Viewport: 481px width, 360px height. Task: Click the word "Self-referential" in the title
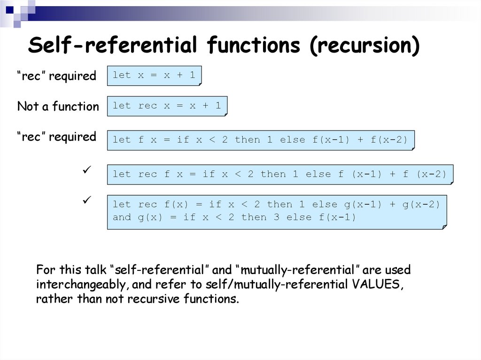tap(113, 46)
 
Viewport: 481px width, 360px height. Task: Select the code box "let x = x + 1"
tap(154, 75)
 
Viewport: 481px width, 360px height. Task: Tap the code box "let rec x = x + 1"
tap(167, 106)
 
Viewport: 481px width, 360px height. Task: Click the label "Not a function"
tap(58, 107)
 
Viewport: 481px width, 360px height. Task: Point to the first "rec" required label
tap(57, 76)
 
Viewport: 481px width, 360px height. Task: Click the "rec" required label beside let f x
tap(57, 137)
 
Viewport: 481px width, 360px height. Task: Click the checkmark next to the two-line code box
tap(86, 200)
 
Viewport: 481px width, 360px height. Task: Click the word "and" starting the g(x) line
tap(122, 217)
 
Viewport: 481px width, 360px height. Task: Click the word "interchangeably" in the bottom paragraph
tap(84, 285)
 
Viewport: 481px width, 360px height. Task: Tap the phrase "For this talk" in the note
tap(71, 270)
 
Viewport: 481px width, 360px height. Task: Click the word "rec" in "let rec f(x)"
tap(147, 205)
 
